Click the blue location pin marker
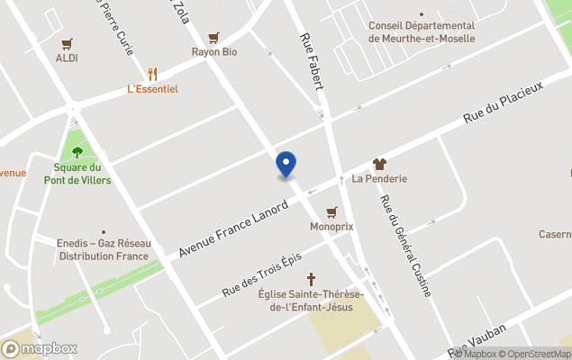pyautogui.click(x=286, y=164)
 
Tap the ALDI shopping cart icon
pyautogui.click(x=67, y=43)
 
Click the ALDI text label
pyautogui.click(x=67, y=58)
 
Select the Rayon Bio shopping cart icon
pyautogui.click(x=213, y=38)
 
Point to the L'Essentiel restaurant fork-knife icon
pyautogui.click(x=152, y=74)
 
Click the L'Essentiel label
pyautogui.click(x=152, y=89)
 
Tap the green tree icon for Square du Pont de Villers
pyautogui.click(x=77, y=152)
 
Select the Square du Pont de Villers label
pyautogui.click(x=77, y=174)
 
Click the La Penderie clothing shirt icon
pyautogui.click(x=379, y=164)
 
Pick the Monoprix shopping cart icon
pyautogui.click(x=331, y=212)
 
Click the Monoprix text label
pyautogui.click(x=331, y=227)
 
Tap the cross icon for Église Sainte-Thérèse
pyautogui.click(x=312, y=279)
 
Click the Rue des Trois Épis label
pyautogui.click(x=261, y=274)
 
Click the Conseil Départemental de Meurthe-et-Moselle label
pyautogui.click(x=422, y=31)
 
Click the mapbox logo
pyautogui.click(x=40, y=348)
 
